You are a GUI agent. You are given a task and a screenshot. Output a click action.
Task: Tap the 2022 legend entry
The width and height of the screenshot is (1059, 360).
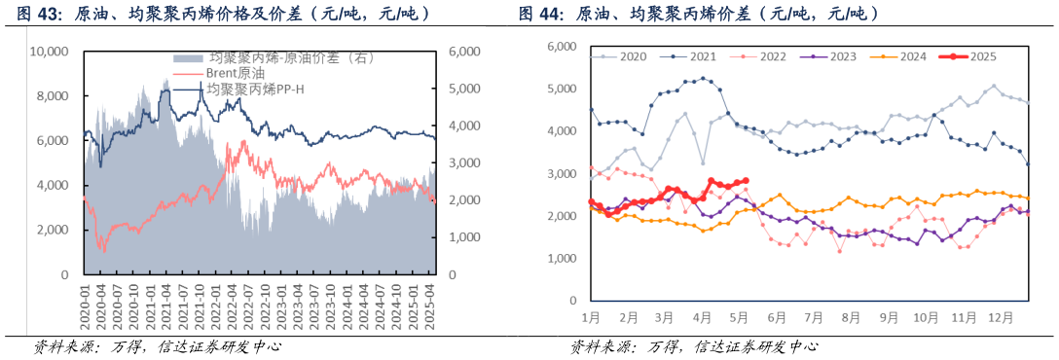coord(758,57)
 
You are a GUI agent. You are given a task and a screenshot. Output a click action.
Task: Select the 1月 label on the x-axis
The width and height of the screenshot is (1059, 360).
coord(590,317)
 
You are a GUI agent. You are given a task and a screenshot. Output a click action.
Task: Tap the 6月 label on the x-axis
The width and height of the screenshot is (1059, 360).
coord(776,317)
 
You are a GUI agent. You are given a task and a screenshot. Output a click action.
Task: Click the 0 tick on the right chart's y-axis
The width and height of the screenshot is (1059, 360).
coord(574,302)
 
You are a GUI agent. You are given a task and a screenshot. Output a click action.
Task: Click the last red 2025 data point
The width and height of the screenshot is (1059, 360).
coord(746,180)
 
